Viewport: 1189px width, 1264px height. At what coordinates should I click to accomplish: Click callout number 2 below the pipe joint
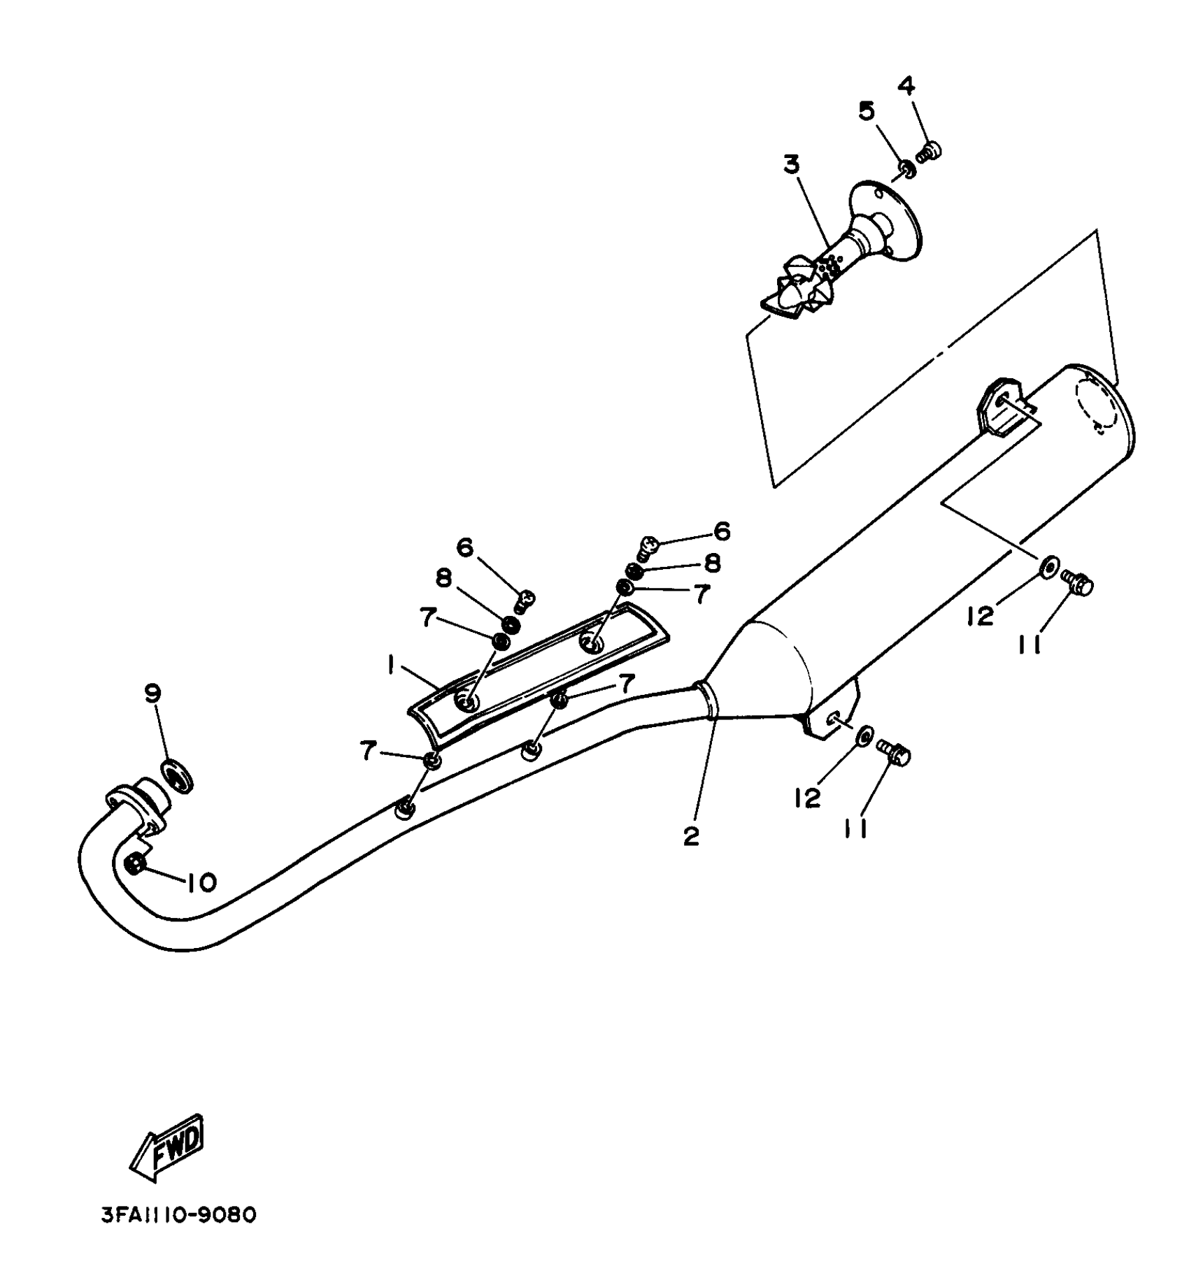[x=691, y=835]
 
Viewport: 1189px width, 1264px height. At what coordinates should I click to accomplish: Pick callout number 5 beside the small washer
[x=867, y=110]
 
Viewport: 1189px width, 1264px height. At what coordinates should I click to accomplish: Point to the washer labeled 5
[x=905, y=168]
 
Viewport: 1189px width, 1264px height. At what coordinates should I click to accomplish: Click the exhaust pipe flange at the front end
[x=134, y=805]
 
